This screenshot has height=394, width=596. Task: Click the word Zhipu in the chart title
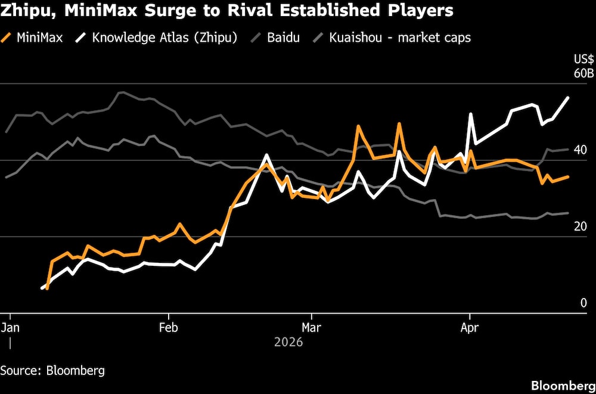(x=23, y=11)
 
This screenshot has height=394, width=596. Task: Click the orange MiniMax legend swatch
(x=7, y=38)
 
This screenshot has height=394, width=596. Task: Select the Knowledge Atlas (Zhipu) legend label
(x=164, y=38)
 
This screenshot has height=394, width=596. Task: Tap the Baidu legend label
(x=284, y=38)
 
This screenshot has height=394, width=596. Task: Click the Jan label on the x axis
(x=10, y=327)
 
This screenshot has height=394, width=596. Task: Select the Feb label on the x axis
(x=169, y=327)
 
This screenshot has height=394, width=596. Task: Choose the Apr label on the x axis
(x=470, y=327)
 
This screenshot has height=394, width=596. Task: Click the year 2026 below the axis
(x=288, y=342)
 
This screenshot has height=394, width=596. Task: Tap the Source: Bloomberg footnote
(x=52, y=370)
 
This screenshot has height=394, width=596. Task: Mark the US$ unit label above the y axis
(x=583, y=60)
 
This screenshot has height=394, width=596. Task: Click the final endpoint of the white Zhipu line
(x=569, y=97)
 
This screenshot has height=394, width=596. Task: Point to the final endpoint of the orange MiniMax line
(x=569, y=176)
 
